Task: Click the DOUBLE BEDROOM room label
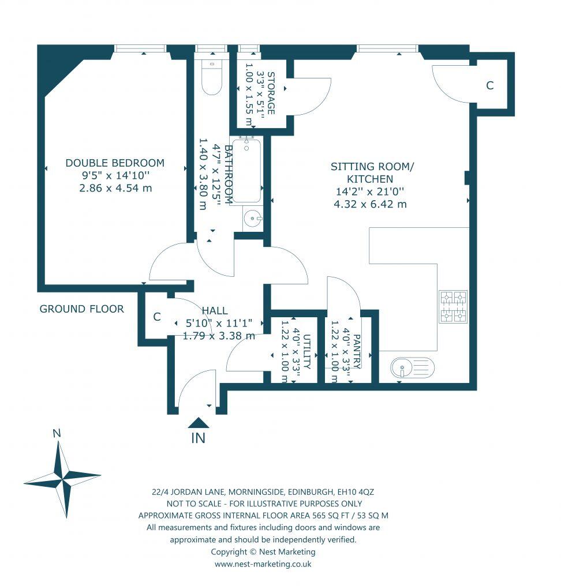[x=114, y=163]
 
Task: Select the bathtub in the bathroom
[x=246, y=171]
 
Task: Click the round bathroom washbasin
[x=253, y=219]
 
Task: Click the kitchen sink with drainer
[x=412, y=367]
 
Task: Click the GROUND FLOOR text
[x=81, y=309]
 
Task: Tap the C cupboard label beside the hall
[x=156, y=317]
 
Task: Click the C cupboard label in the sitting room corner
[x=489, y=86]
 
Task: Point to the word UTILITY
[x=306, y=351]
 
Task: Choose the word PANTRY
[x=357, y=351]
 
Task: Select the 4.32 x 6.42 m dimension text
[x=370, y=204]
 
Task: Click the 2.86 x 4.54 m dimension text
[x=115, y=189]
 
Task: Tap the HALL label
[x=214, y=310]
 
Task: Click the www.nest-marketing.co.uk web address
[x=263, y=564]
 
